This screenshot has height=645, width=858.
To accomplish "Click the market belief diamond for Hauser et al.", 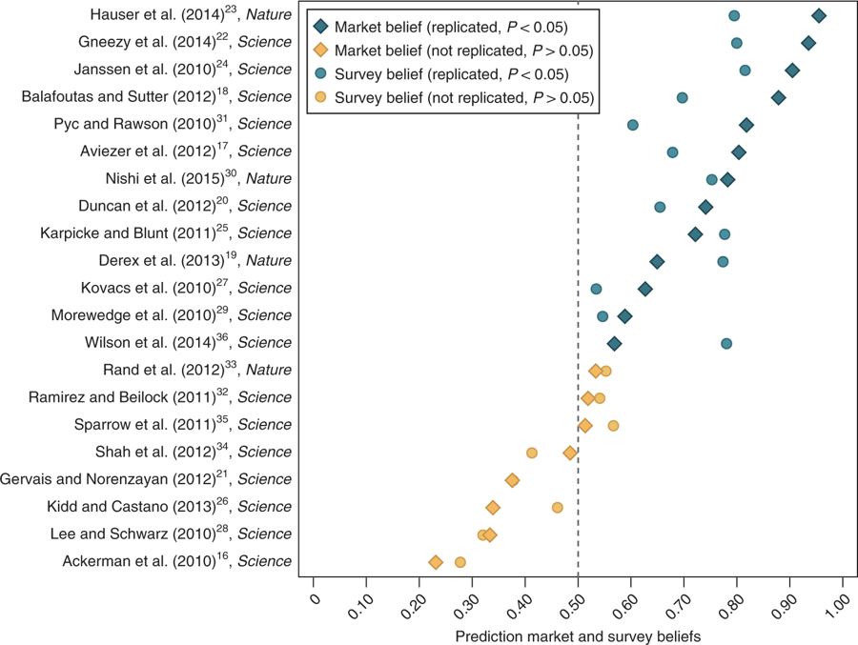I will tap(818, 15).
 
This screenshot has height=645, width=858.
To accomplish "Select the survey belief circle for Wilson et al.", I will tap(726, 343).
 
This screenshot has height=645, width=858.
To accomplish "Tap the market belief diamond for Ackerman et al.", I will tap(436, 562).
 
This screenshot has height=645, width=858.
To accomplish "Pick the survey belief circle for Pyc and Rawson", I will tap(633, 125).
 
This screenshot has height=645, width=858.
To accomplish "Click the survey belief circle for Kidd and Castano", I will tap(558, 508).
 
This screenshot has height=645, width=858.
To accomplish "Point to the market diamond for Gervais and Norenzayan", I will tap(513, 480).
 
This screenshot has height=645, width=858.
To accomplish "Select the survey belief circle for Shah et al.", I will tap(532, 453).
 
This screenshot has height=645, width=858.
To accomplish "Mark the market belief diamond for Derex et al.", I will tap(657, 261).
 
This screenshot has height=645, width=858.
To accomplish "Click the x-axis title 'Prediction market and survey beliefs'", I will tap(578, 635).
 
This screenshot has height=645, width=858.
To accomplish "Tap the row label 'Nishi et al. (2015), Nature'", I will tap(198, 179).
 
